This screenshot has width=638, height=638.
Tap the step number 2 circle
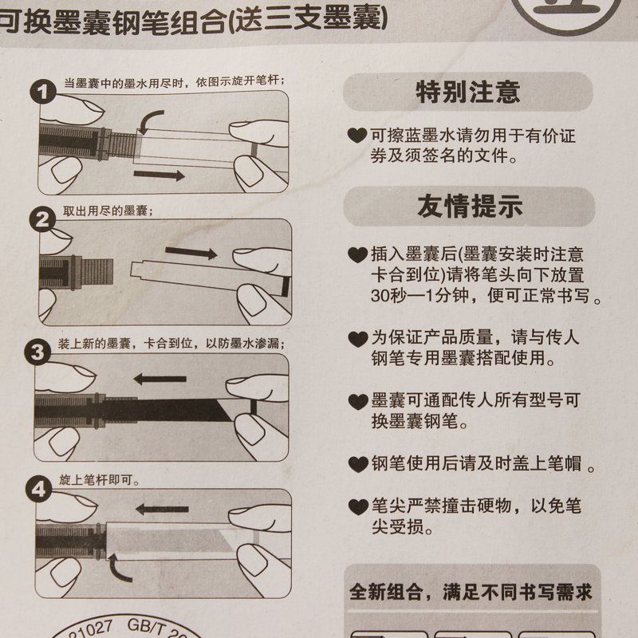point(43,220)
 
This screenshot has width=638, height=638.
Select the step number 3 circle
point(43,351)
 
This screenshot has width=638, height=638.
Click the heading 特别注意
point(468,92)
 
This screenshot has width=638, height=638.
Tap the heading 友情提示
point(468,207)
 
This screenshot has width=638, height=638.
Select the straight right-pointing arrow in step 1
point(160,173)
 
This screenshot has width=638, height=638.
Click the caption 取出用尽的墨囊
point(108,211)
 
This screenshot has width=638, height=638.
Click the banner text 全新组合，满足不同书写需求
point(471,593)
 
